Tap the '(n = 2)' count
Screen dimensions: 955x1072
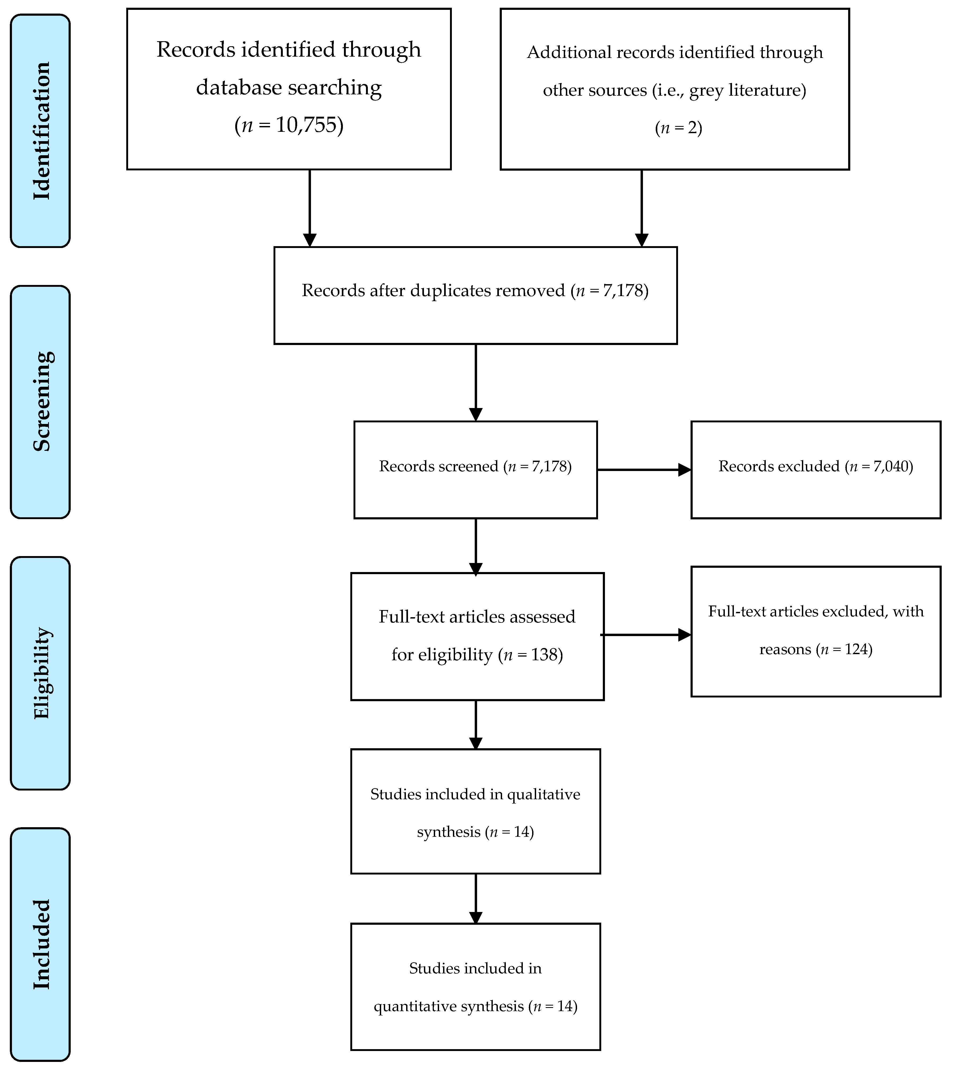coord(679,128)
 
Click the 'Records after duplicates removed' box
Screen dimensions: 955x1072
coord(476,295)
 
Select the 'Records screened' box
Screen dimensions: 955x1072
coord(476,470)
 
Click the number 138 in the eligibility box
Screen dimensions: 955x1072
coord(544,654)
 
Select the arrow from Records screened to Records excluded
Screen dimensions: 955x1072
coord(644,470)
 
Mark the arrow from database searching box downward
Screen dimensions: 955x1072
coord(310,208)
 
